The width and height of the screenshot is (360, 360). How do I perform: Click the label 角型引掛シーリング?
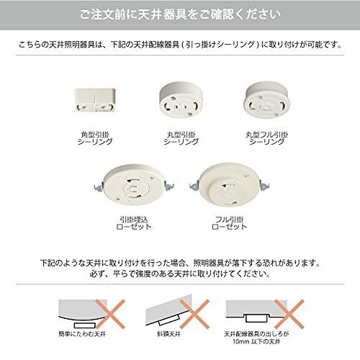click(94, 138)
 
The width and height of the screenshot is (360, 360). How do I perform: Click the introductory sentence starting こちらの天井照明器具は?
click(179, 45)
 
